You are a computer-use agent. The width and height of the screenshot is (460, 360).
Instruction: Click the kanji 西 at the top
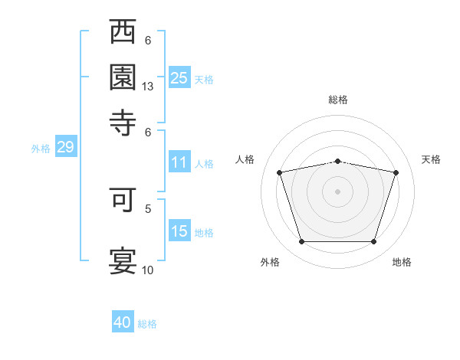(123, 31)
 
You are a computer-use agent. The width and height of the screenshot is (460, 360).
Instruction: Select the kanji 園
(123, 77)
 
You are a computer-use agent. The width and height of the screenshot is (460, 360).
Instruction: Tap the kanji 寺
(123, 123)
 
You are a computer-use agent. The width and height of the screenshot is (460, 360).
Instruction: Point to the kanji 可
(123, 200)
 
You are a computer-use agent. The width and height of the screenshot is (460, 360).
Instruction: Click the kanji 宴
(123, 261)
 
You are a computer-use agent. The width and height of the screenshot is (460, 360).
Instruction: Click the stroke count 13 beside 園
(147, 87)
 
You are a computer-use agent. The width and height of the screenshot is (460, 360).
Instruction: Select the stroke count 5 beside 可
(148, 209)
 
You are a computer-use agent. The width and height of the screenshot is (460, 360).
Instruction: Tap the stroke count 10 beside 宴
(147, 270)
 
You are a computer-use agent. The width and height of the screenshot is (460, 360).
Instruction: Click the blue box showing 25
(179, 77)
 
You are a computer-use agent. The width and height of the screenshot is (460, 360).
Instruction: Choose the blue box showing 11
(179, 162)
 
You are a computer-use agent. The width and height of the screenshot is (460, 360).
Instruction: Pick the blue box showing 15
(179, 230)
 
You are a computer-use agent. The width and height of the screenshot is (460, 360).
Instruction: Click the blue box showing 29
(66, 146)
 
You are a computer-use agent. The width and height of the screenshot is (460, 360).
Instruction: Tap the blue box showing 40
(123, 321)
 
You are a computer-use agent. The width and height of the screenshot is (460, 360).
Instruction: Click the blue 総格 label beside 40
(147, 324)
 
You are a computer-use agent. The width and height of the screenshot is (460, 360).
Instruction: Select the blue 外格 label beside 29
(41, 149)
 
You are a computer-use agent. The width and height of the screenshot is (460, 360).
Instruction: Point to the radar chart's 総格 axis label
(338, 100)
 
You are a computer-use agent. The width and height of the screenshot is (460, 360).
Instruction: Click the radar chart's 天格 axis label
(431, 159)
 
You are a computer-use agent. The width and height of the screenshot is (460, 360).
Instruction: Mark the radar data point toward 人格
(279, 172)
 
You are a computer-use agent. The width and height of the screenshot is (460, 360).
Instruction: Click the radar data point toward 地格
(373, 241)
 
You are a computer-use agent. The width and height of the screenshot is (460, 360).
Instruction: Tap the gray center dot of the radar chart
(337, 191)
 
